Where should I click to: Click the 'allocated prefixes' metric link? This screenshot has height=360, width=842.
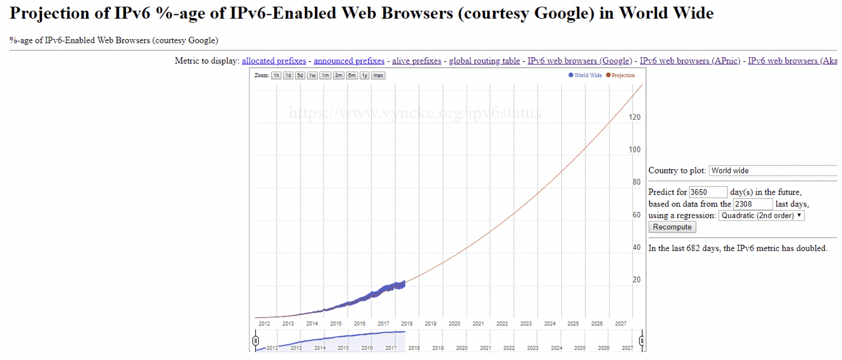(273, 61)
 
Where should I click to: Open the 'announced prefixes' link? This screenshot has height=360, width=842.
(349, 61)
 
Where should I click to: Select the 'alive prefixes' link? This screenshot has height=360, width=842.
(416, 61)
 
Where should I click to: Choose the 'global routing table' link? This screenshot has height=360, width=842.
(484, 61)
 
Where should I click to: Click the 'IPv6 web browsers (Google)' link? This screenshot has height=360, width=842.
(579, 61)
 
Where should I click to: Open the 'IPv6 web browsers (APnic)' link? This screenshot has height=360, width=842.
(690, 61)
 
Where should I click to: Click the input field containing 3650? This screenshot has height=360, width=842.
(708, 192)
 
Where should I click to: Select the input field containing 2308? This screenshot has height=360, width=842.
(752, 204)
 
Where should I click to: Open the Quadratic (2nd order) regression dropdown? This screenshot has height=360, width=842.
(761, 216)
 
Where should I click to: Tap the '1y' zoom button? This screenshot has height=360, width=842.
(364, 75)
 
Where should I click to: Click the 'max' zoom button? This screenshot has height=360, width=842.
(378, 75)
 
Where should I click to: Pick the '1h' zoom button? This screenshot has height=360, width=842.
(276, 75)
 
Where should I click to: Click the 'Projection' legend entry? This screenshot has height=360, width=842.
(620, 75)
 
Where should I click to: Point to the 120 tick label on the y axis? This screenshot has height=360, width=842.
(635, 117)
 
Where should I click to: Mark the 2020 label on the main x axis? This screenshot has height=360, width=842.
(454, 323)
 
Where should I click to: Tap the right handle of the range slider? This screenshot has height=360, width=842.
(642, 341)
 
